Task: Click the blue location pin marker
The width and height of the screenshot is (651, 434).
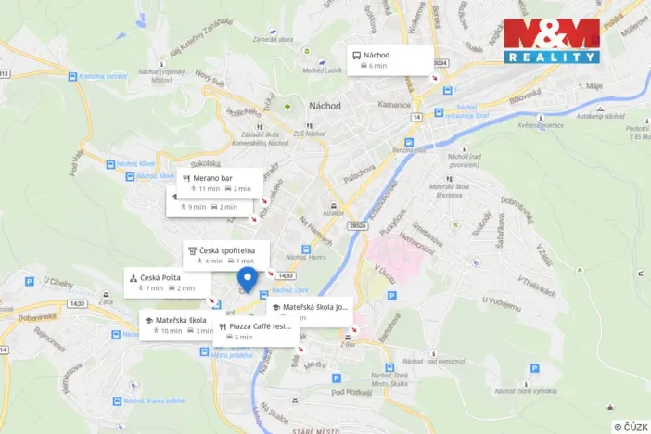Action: tap(248, 279)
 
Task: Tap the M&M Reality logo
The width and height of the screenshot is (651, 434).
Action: tap(551, 41)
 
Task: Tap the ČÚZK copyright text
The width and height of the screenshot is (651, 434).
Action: tap(630, 427)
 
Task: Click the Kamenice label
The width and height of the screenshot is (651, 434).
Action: tap(393, 104)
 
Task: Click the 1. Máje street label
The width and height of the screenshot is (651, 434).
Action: tap(592, 85)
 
